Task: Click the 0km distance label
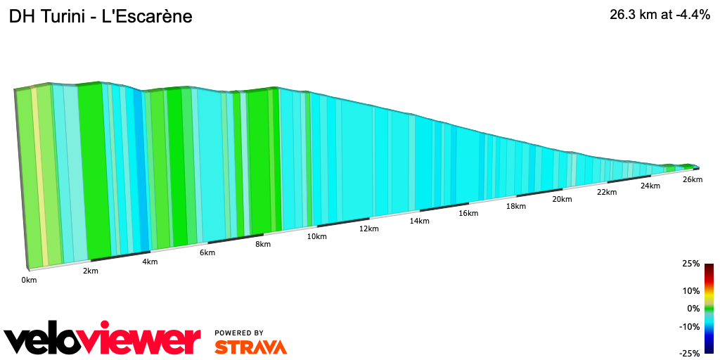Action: pyautogui.click(x=29, y=280)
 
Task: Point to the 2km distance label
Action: pyautogui.click(x=90, y=271)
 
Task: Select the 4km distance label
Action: pyautogui.click(x=150, y=262)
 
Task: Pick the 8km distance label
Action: pyautogui.click(x=263, y=244)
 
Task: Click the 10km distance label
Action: pyautogui.click(x=316, y=236)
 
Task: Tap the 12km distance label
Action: pyautogui.click(x=368, y=229)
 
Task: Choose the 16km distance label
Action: pyautogui.click(x=468, y=213)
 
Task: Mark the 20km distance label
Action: pyautogui.click(x=562, y=199)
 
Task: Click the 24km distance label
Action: pyautogui.click(x=650, y=186)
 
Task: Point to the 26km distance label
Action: pyautogui.click(x=693, y=179)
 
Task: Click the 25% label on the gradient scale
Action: pyautogui.click(x=690, y=264)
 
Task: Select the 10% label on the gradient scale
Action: pyautogui.click(x=690, y=290)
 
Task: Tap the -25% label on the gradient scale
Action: pyautogui.click(x=689, y=353)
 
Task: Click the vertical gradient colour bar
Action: pyautogui.click(x=709, y=308)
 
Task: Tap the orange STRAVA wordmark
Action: pyautogui.click(x=250, y=347)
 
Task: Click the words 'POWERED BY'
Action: pyautogui.click(x=239, y=333)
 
